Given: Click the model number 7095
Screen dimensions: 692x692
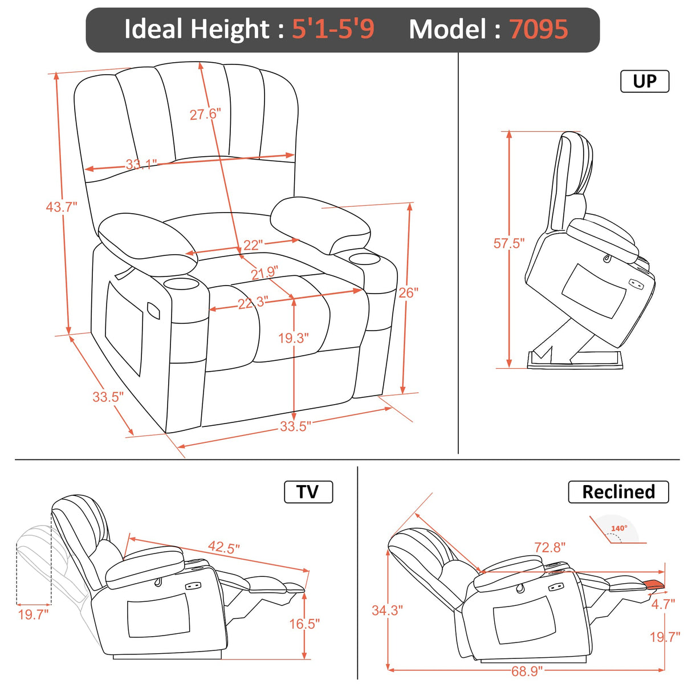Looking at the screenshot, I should (x=538, y=29).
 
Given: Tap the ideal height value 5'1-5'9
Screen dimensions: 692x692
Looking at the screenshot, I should (x=333, y=29).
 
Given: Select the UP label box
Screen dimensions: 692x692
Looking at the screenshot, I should (x=644, y=82).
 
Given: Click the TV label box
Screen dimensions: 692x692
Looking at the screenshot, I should (x=308, y=492).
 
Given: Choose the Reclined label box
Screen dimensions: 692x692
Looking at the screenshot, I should (x=618, y=492).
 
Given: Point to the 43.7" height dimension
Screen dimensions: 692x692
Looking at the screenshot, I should (x=61, y=206).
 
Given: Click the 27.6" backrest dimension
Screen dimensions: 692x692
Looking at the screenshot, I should (x=205, y=114).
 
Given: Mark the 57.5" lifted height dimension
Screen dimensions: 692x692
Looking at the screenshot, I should (x=508, y=243).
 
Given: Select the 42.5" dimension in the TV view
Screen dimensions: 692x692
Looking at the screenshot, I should (x=223, y=547).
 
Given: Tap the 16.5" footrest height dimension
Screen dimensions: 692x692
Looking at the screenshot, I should (x=304, y=624).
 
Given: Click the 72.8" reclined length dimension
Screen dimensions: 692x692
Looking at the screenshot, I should (x=549, y=547).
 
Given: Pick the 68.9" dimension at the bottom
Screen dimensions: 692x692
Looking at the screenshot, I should (x=526, y=671).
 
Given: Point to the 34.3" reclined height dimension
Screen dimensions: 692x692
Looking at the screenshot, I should (x=387, y=610).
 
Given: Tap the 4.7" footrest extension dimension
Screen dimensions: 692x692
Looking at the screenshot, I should (x=663, y=604).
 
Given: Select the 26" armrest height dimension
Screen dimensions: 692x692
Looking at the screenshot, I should (x=408, y=292).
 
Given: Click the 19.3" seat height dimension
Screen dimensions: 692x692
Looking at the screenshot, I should (x=293, y=338).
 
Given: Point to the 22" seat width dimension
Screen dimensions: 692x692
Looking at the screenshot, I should (x=253, y=245).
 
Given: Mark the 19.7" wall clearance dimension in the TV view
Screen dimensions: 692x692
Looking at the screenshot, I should (x=33, y=614).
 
